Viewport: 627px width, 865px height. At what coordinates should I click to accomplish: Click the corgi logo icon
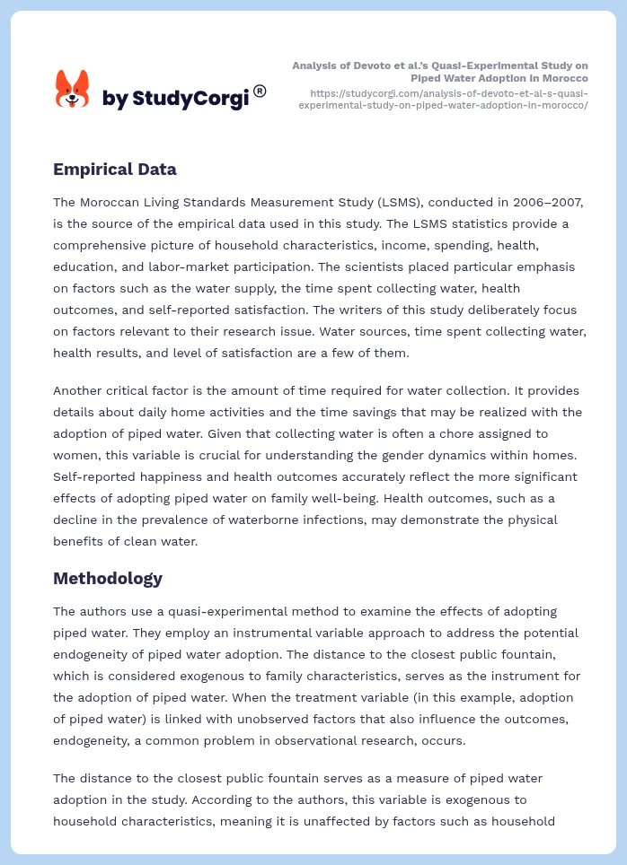click(x=72, y=89)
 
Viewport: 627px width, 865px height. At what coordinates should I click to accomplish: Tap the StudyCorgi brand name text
click(x=175, y=99)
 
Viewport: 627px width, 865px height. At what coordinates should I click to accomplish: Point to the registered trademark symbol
click(x=260, y=91)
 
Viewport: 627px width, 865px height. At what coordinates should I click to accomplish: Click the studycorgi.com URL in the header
click(x=448, y=99)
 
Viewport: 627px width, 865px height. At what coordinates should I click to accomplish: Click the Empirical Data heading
click(x=114, y=169)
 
